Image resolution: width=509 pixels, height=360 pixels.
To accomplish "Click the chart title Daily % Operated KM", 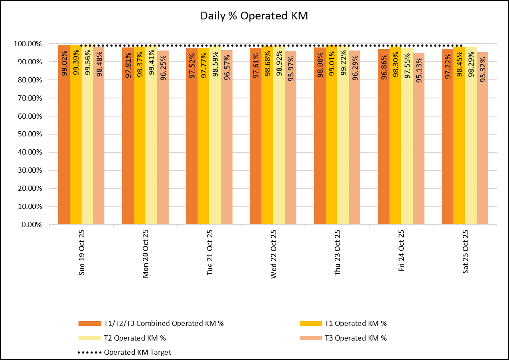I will coord(254,16).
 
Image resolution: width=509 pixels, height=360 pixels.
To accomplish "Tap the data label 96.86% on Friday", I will coord(384,65).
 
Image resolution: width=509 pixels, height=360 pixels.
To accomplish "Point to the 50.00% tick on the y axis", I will coord(28,134).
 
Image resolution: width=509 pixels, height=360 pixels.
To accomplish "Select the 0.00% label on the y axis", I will coord(30,225).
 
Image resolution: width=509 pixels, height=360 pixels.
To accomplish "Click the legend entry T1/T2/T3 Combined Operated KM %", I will coord(163,323).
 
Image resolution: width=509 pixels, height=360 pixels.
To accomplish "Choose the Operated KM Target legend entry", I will coord(138,352).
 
